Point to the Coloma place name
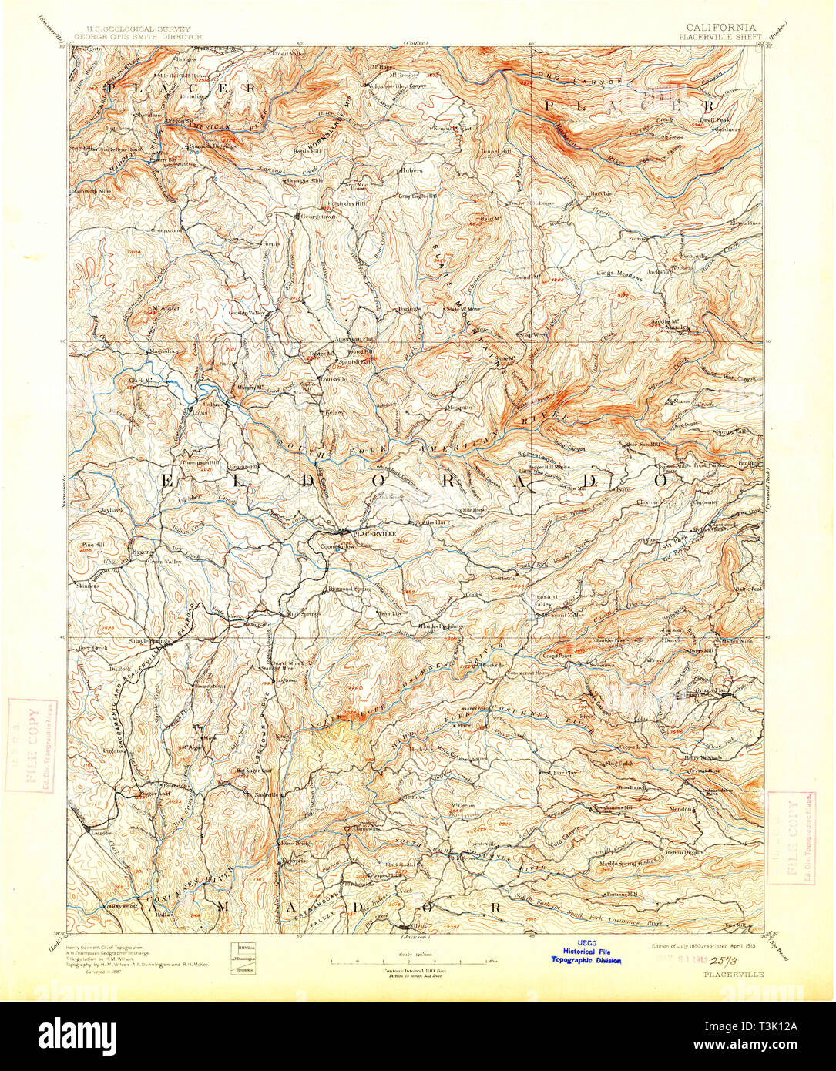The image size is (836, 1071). [x=214, y=404]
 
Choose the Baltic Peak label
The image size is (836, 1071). [x=748, y=589]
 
